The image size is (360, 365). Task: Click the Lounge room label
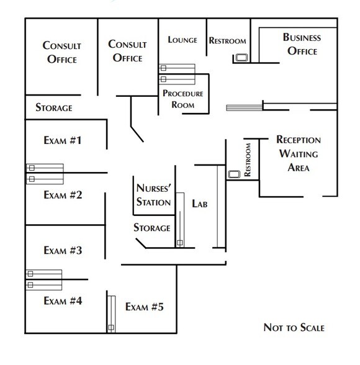(182, 40)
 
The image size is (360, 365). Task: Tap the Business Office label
(301, 44)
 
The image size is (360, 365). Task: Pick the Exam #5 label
(144, 307)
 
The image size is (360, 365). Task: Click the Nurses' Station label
(153, 194)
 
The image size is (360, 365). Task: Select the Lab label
(199, 203)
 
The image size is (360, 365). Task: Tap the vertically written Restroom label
(249, 160)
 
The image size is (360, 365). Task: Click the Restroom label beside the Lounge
(227, 41)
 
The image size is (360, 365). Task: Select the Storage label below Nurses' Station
(152, 228)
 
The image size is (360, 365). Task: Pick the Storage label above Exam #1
(53, 107)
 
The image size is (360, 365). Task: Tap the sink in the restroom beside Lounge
(241, 59)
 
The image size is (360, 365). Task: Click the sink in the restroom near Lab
(234, 174)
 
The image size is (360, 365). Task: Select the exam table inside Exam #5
(111, 313)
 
